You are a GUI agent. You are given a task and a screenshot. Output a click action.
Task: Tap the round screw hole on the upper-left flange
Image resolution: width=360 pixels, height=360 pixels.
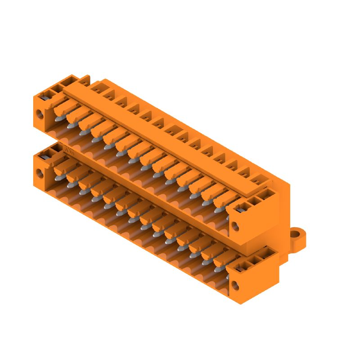click(x=40, y=114)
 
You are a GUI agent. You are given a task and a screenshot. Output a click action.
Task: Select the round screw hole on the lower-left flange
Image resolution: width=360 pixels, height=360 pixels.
click(x=40, y=172)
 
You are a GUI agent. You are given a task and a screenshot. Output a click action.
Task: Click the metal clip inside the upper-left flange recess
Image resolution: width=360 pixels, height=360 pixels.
click(x=45, y=95)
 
